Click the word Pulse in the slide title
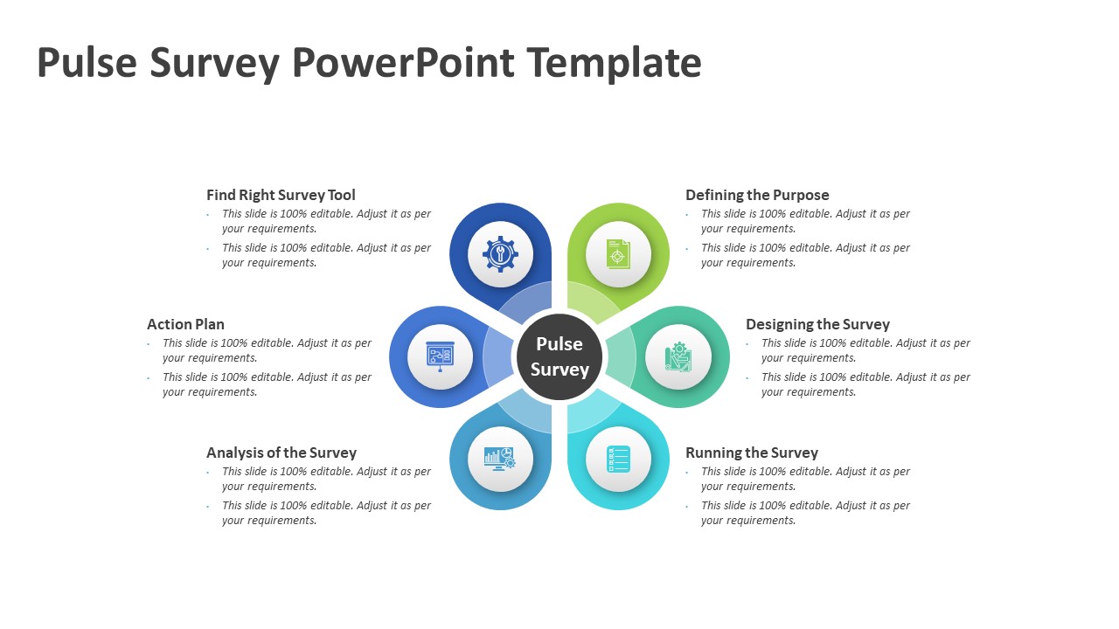(x=87, y=63)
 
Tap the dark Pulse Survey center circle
(x=559, y=356)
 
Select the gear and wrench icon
(x=500, y=254)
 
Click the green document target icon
(x=618, y=254)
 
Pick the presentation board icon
(x=440, y=356)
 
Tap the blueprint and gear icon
(x=678, y=356)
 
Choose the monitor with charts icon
(x=500, y=459)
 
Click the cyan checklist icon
(x=618, y=459)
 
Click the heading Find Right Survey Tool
(x=281, y=195)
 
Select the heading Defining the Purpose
(x=757, y=195)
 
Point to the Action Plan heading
(x=185, y=324)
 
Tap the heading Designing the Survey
(x=817, y=324)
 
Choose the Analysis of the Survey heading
(x=281, y=453)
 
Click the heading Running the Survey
(x=752, y=453)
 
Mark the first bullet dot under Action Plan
(x=149, y=344)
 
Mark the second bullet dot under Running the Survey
(x=687, y=507)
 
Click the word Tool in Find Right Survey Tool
(x=341, y=195)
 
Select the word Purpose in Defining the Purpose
(x=799, y=195)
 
